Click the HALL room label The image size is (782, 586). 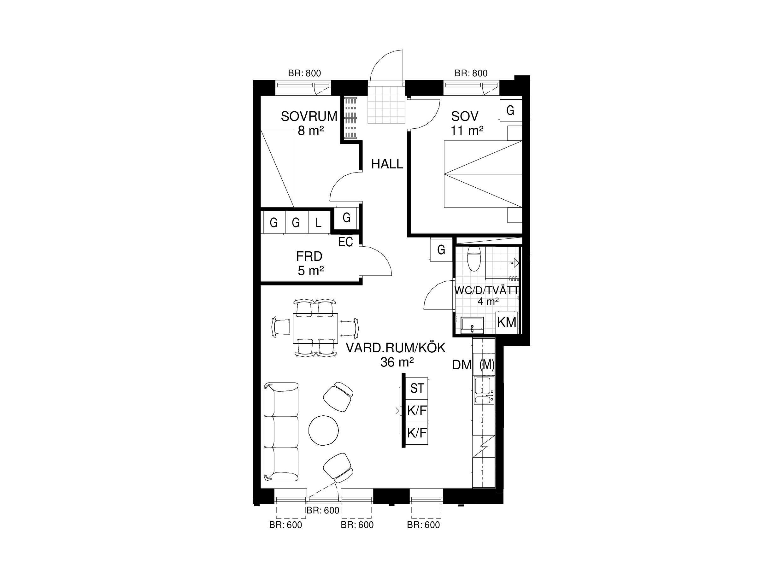coord(387,164)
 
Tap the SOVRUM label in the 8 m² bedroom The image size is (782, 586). coord(309,116)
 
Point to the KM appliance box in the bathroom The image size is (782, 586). coord(507,322)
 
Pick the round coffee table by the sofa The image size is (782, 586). coord(323,430)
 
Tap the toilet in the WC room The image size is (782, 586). coord(473,259)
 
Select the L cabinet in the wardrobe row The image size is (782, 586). coord(319,223)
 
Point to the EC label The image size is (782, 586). coord(345,242)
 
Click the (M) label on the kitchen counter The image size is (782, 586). coord(486,364)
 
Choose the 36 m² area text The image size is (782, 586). coord(397,362)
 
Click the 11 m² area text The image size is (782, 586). coord(467,131)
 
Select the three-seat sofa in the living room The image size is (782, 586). coord(281,431)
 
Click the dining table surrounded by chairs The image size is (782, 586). coord(315,328)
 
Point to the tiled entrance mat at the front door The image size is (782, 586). coord(386,105)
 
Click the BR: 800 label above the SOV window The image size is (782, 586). coord(471,73)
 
